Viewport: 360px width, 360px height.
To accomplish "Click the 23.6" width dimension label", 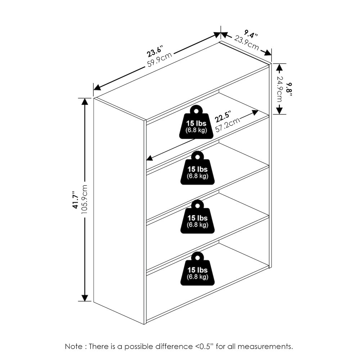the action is click(x=155, y=51).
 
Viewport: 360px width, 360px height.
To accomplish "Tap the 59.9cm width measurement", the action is click(x=159, y=60).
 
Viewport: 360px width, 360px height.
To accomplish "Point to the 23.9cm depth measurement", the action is click(x=247, y=42).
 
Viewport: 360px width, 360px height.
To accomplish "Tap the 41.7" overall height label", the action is click(x=75, y=199).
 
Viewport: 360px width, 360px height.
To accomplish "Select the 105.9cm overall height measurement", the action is click(x=84, y=199).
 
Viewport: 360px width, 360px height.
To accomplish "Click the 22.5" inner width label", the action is click(x=223, y=117).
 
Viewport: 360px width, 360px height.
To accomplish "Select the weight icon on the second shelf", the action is click(x=197, y=168).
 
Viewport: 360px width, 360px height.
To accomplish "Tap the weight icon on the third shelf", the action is click(x=197, y=217).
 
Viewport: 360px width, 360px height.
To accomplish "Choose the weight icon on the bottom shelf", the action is click(x=197, y=269).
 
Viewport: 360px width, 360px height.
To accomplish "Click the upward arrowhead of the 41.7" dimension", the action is click(x=85, y=101).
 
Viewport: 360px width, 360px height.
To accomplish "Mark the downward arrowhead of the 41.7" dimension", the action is click(x=85, y=298).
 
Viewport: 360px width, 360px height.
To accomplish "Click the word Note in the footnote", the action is click(x=73, y=346).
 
